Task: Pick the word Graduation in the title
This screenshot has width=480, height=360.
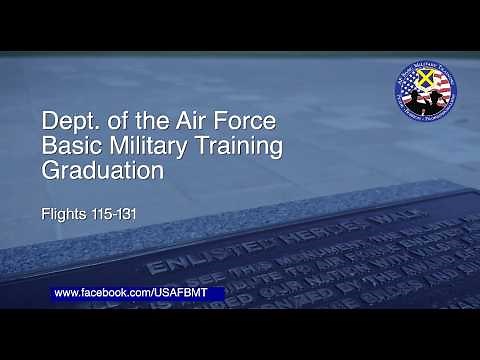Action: pyautogui.click(x=103, y=170)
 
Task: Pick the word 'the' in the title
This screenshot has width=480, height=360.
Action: pyautogui.click(x=152, y=122)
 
